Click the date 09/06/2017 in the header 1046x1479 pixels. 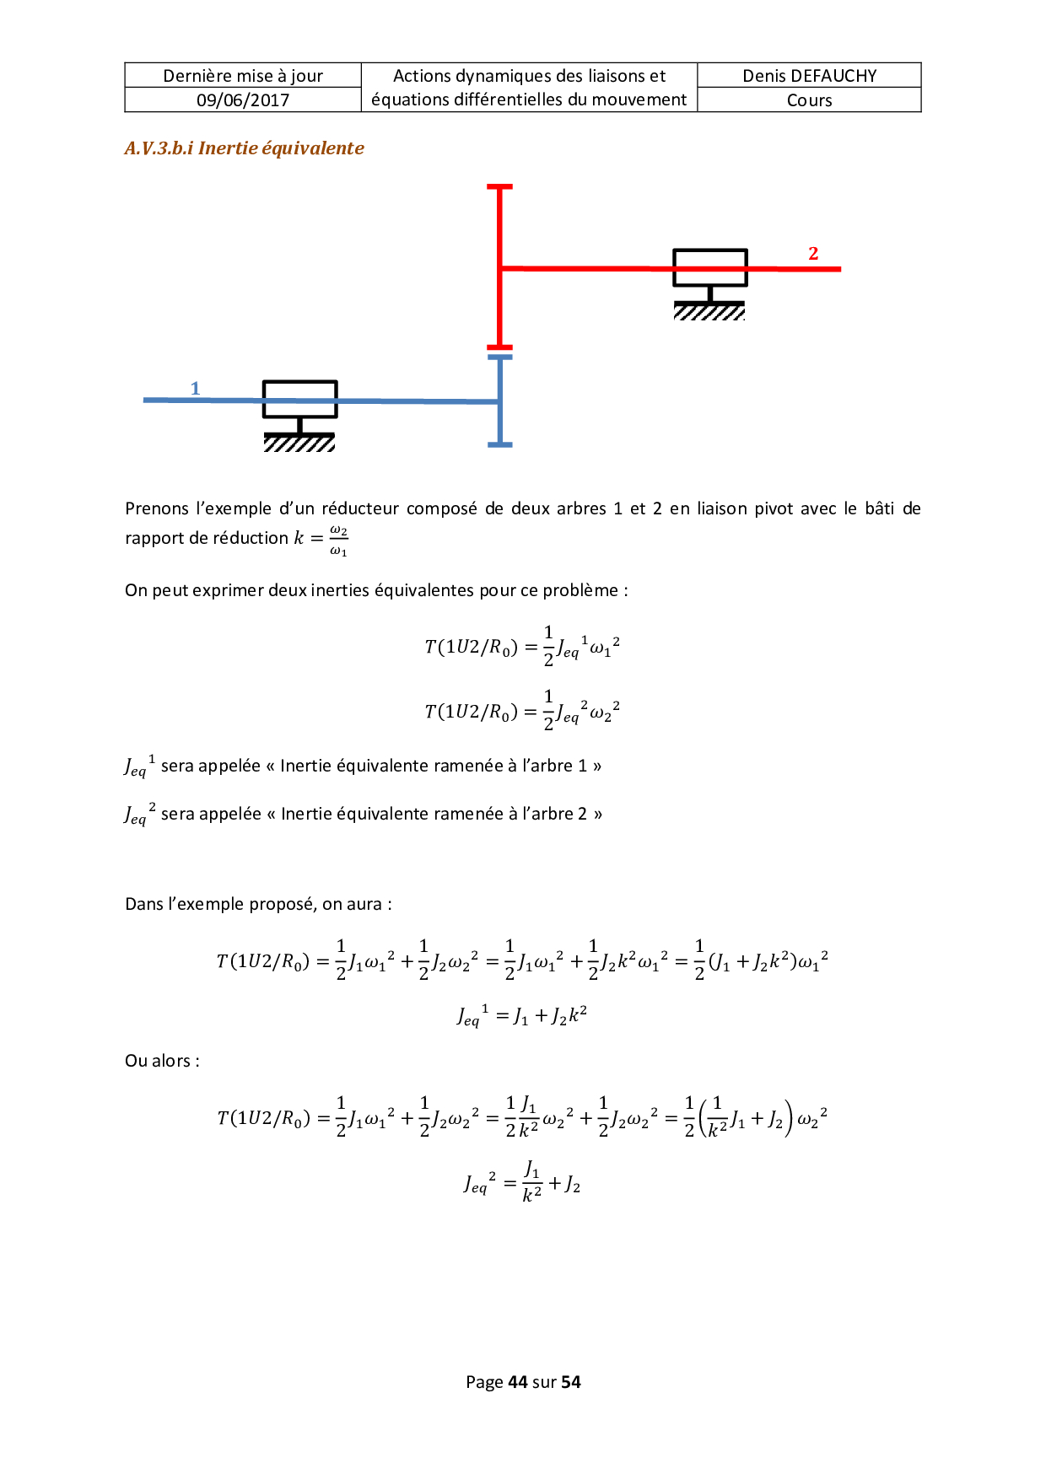tap(243, 100)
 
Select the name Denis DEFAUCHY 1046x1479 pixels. tap(809, 76)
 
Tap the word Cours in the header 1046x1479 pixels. tap(809, 100)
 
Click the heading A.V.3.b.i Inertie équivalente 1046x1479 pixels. tap(244, 148)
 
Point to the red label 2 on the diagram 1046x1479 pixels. tap(813, 253)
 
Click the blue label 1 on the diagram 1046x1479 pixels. tap(195, 388)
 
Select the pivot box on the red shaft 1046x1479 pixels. tap(709, 267)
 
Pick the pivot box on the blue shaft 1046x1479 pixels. tap(299, 399)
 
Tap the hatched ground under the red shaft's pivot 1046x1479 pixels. tap(709, 312)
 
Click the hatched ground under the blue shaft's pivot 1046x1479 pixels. tap(299, 443)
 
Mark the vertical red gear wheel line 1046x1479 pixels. tap(500, 266)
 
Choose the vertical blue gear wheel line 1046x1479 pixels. tap(500, 401)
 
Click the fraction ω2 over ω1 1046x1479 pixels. tap(338, 541)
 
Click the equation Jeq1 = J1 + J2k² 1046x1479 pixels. tap(522, 1015)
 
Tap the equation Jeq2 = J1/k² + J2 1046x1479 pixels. tap(522, 1182)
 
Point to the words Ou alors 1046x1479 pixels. tap(162, 1061)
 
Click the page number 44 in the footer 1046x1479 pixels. tap(517, 1382)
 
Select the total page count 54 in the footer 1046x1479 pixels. tap(571, 1382)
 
